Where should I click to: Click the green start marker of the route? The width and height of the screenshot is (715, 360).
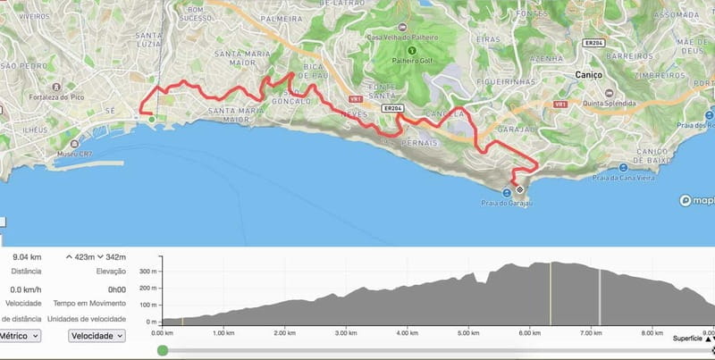point(151,119)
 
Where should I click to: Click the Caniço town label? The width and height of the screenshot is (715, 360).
point(591,75)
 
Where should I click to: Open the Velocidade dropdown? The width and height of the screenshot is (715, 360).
point(97,336)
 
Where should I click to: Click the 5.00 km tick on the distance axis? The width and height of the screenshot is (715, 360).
point(470,333)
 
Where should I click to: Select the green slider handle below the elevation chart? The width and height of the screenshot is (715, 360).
point(162,351)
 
